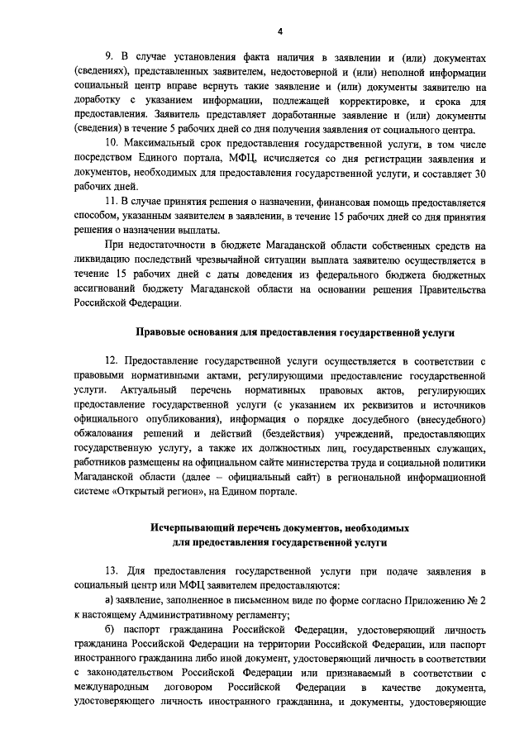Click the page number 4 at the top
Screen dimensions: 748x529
279,31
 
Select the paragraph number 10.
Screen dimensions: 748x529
112,145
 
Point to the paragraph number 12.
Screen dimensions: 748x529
112,360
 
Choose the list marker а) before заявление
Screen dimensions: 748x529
110,601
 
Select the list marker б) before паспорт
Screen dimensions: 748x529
110,629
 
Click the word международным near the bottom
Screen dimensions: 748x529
112,687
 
